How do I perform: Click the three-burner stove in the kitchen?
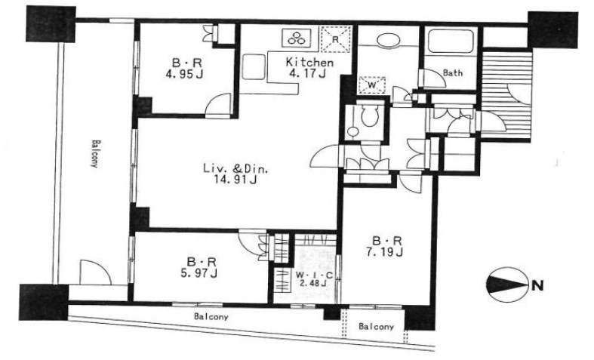pyautogui.click(x=296, y=38)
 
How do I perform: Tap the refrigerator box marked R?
pyautogui.click(x=335, y=38)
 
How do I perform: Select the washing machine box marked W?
pyautogui.click(x=372, y=85)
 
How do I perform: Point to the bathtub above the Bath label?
pyautogui.click(x=451, y=41)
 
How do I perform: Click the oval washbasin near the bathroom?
pyautogui.click(x=389, y=41)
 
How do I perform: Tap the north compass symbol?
pyautogui.click(x=507, y=285)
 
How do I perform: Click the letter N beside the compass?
pyautogui.click(x=537, y=285)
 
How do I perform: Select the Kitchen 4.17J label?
pyautogui.click(x=309, y=67)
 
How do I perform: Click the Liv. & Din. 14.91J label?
pyautogui.click(x=235, y=174)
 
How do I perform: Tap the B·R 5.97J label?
pyautogui.click(x=199, y=267)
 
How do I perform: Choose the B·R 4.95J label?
pyautogui.click(x=184, y=68)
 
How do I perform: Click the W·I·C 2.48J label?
pyautogui.click(x=314, y=279)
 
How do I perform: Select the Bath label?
pyautogui.click(x=453, y=72)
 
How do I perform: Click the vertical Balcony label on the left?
pyautogui.click(x=95, y=153)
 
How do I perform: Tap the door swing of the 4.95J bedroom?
pyautogui.click(x=218, y=104)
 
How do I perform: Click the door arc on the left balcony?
pyautogui.click(x=95, y=272)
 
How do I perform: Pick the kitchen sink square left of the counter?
pyautogui.click(x=254, y=66)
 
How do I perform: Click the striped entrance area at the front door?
pyautogui.click(x=506, y=94)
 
